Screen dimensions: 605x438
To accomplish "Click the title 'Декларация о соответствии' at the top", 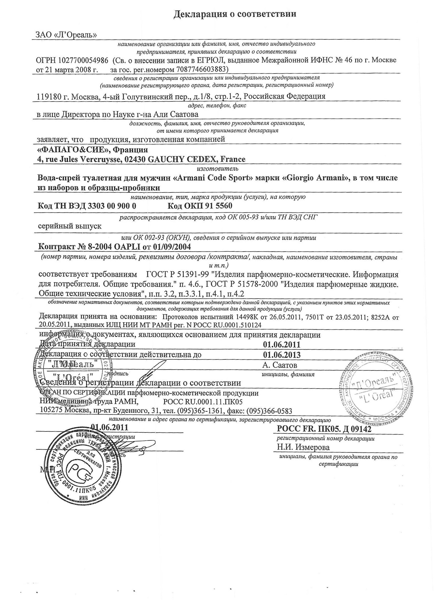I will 234,14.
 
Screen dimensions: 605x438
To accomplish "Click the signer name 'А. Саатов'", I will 280,365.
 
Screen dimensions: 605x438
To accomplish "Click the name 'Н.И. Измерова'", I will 303,447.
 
